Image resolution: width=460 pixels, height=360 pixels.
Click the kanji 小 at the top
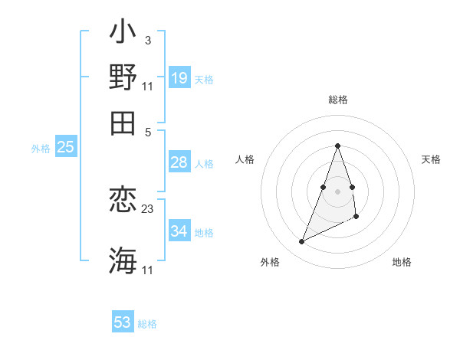pyautogui.click(x=123, y=34)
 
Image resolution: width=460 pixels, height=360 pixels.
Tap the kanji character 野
pyautogui.click(x=123, y=77)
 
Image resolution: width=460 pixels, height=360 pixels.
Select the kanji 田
pyautogui.click(x=123, y=122)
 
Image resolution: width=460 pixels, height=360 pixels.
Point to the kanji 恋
pyautogui.click(x=123, y=201)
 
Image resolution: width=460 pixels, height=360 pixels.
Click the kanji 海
pyautogui.click(x=123, y=260)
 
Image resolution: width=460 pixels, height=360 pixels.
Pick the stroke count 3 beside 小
pyautogui.click(x=147, y=39)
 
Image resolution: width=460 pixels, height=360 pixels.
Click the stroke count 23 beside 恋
pyautogui.click(x=148, y=208)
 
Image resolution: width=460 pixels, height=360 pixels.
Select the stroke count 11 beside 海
pyautogui.click(x=147, y=270)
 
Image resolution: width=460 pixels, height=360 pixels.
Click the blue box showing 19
pyautogui.click(x=179, y=77)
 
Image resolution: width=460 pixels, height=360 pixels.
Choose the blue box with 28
pyautogui.click(x=179, y=162)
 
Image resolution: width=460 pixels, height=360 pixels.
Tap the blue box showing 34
pyautogui.click(x=179, y=231)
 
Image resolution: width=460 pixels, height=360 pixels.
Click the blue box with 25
pyautogui.click(x=65, y=147)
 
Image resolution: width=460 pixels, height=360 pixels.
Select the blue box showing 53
pyautogui.click(x=123, y=322)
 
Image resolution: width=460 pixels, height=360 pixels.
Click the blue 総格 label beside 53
pyautogui.click(x=147, y=324)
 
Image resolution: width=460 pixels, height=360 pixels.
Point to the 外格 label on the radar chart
pyautogui.click(x=270, y=262)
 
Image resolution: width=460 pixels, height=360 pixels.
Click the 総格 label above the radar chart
pyautogui.click(x=337, y=100)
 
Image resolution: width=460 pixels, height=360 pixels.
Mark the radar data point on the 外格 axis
pyautogui.click(x=302, y=242)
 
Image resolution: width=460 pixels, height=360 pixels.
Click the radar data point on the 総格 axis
pyautogui.click(x=337, y=146)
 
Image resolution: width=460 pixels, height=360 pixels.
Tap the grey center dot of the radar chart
pyautogui.click(x=337, y=191)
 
